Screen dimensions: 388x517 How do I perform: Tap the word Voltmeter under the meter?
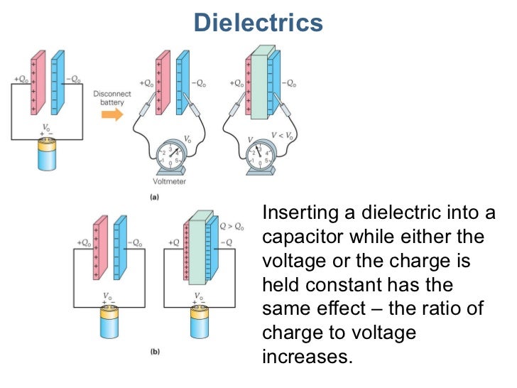(x=170, y=181)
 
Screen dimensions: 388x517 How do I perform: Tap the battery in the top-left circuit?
(x=47, y=153)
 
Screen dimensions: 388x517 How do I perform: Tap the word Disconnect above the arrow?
(x=109, y=92)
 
